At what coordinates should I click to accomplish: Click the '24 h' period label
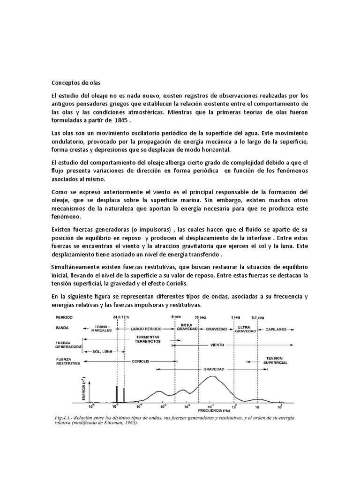click(116, 316)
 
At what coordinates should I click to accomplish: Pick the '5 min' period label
click(176, 316)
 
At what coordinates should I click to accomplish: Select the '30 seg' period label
click(200, 316)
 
